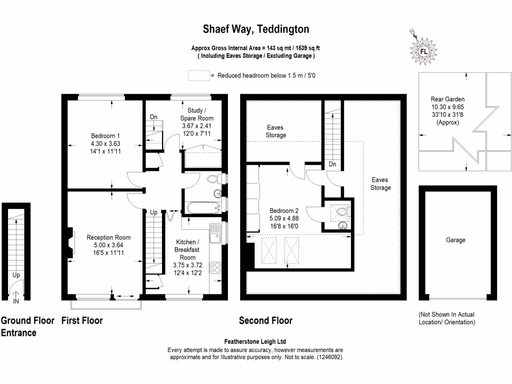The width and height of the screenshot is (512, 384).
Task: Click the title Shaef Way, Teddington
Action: [255, 29]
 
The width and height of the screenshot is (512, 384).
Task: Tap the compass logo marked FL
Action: [423, 51]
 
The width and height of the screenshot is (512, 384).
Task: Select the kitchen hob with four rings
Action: [216, 267]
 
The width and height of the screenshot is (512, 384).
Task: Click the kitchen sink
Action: [216, 233]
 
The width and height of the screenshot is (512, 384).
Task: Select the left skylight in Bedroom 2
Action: [269, 249]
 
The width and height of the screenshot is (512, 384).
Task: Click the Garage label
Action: [455, 240]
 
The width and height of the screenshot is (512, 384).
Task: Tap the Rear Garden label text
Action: [444, 99]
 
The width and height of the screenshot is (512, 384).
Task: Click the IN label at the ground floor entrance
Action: [16, 301]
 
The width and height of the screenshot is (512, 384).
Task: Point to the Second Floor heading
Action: [265, 320]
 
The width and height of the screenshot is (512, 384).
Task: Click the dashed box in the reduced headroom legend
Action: [198, 75]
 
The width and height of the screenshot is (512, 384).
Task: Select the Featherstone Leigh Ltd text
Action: [255, 341]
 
